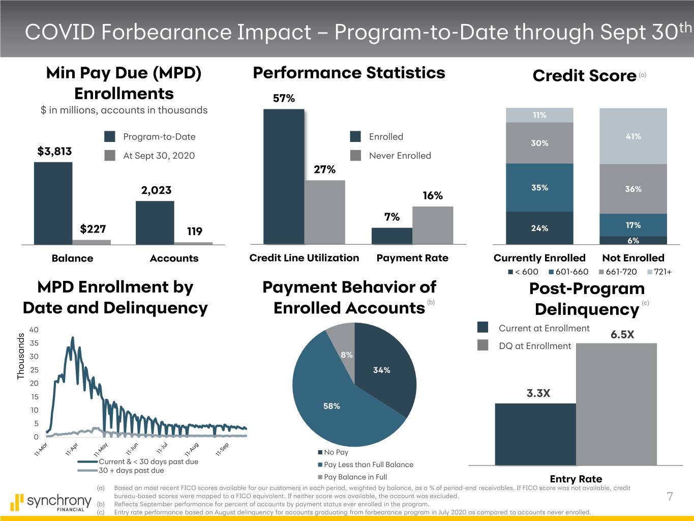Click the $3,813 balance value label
tap(54, 152)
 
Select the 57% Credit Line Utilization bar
tap(284, 177)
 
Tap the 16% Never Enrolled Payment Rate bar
tap(432, 225)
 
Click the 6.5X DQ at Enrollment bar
tap(616, 404)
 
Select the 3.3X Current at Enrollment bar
tap(535, 434)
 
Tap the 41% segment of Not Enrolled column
tap(633, 136)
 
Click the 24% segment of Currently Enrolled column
tap(539, 228)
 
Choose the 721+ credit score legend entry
tap(659, 272)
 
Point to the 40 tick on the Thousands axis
tap(34, 330)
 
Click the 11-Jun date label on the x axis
tap(132, 449)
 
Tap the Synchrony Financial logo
tap(50, 502)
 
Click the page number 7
tap(670, 497)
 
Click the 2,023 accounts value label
tap(156, 190)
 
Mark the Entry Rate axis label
tap(576, 479)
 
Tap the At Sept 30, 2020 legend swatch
tap(110, 156)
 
